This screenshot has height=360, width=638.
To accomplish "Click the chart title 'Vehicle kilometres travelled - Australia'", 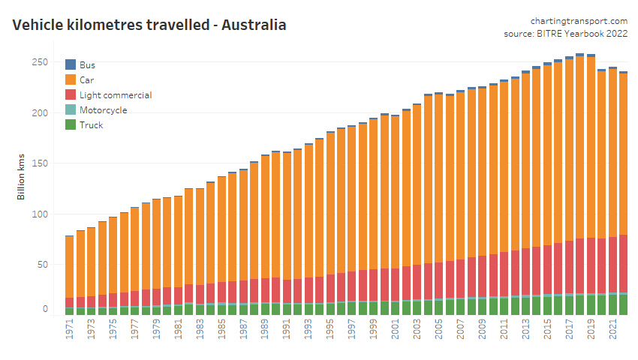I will pos(149,25).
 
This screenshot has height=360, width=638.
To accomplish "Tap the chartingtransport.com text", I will pos(579,21).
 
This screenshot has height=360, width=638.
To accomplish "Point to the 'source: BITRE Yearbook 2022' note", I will pos(565,34).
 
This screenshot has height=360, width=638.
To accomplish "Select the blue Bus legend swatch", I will pos(71,64).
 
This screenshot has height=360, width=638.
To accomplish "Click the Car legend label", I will pos(86,79).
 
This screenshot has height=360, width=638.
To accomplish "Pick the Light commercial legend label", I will pos(116,95).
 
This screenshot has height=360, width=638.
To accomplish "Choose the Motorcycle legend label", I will pos(103,110).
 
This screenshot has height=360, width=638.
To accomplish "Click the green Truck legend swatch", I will pos(71,125).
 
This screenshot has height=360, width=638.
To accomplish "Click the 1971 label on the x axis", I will pos(69,331).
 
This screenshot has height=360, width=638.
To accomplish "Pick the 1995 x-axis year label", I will pos(330,331).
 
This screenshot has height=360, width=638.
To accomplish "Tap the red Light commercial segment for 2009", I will pos(482,277).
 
